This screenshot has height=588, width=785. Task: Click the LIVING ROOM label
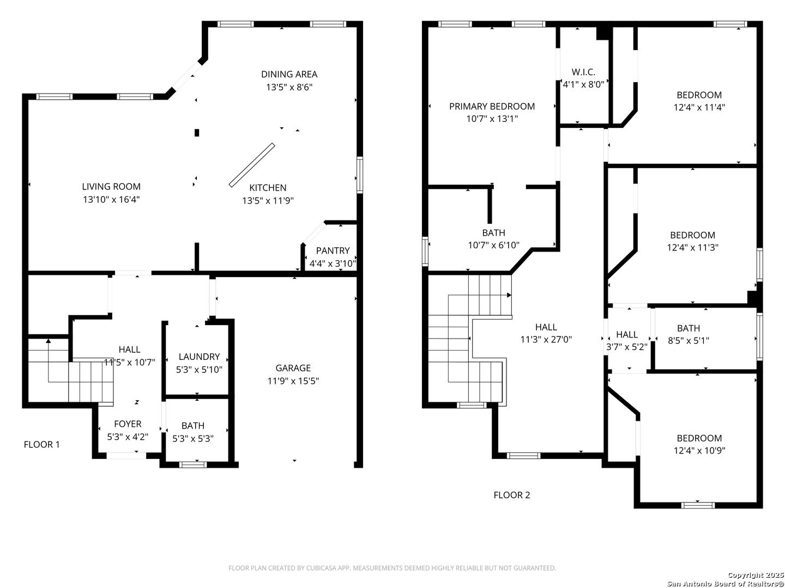111,186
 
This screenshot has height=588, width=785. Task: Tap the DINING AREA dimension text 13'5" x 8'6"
289,87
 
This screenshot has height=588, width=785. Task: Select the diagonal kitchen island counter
252,165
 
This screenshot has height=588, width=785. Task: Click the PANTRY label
333,250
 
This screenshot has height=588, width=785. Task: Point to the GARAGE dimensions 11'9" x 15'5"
293,381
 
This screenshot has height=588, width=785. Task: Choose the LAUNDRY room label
199,357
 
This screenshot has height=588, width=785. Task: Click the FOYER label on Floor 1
128,424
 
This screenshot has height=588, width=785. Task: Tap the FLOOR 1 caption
41,444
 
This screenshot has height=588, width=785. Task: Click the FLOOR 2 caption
511,495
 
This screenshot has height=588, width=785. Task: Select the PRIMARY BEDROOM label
492,106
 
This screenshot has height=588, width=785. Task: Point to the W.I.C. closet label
583,72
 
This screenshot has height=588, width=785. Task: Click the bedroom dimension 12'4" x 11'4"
699,107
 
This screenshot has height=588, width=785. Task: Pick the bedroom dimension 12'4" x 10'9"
699,451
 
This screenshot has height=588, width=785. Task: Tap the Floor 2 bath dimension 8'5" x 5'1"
689,341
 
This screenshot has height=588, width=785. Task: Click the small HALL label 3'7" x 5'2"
626,334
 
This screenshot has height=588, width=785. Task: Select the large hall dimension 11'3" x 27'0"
546,339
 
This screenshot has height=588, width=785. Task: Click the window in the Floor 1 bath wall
193,464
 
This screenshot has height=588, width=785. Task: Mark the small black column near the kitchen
197,133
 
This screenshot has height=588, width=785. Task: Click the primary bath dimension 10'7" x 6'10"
493,245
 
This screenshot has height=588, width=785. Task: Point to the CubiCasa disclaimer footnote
392,568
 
